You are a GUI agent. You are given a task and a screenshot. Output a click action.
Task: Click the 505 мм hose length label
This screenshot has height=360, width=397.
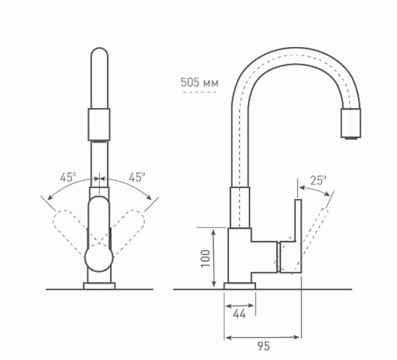coord(199,83)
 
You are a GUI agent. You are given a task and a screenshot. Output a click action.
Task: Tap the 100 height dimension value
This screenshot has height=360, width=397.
coord(205,258)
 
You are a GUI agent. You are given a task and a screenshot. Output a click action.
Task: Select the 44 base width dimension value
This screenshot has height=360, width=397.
coord(240,314)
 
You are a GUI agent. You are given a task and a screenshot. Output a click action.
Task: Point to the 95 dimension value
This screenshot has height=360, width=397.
coord(263,346)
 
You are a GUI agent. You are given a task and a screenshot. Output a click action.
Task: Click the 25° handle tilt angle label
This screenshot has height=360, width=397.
coord(318,181)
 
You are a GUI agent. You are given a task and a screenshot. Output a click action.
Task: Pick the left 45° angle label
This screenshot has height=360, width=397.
coord(68,177)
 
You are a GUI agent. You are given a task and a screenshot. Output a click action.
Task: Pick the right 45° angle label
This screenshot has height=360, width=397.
coord(137,177)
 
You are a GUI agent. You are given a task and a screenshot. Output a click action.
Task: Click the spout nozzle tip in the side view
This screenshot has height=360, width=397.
coord(351,124)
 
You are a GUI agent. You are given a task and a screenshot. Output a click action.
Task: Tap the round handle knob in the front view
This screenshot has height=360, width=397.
coord(99,257)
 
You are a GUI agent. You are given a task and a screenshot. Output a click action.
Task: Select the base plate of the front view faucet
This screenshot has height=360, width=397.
coord(99,286)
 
